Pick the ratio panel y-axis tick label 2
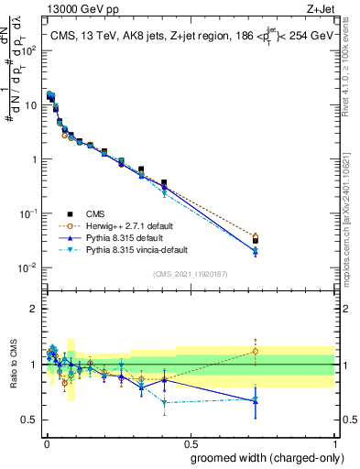click(x=31, y=309)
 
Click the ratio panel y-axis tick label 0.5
click(x=27, y=420)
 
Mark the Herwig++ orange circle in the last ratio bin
click(x=256, y=351)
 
